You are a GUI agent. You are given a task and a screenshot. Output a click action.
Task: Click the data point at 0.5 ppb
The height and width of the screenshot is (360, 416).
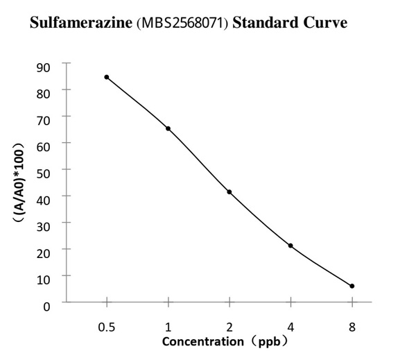(107, 77)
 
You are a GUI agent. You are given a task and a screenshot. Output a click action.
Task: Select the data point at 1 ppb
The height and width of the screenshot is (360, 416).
(168, 128)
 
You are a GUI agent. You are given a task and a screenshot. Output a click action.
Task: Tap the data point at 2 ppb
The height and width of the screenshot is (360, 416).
(229, 191)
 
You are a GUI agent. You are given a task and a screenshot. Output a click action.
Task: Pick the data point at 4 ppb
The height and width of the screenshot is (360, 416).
(291, 246)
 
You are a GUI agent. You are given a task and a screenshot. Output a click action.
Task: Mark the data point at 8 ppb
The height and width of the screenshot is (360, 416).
(352, 286)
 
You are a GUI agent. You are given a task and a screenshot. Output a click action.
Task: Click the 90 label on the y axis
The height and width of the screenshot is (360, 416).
(44, 67)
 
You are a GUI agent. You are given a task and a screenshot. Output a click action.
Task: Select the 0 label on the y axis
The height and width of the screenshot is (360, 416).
(47, 306)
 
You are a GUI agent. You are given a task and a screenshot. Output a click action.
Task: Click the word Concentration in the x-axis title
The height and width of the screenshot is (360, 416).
(198, 341)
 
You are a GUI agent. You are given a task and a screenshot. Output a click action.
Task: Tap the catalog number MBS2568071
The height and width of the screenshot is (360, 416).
(184, 23)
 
